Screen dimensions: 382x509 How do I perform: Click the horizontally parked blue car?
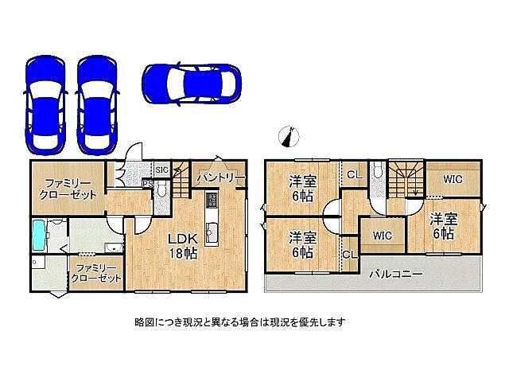point(192,81)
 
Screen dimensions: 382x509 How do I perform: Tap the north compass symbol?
point(289,137)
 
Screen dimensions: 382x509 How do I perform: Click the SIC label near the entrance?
point(161,170)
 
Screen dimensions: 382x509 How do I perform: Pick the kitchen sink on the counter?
point(212,232)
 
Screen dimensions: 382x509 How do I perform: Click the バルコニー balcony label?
point(395,275)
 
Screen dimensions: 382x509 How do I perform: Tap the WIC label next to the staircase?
point(453,180)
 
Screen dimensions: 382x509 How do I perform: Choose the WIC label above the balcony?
point(382,236)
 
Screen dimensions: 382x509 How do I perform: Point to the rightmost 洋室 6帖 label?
point(443,227)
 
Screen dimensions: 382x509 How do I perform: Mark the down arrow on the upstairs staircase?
point(413,190)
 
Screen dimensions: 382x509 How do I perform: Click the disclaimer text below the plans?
point(239,322)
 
